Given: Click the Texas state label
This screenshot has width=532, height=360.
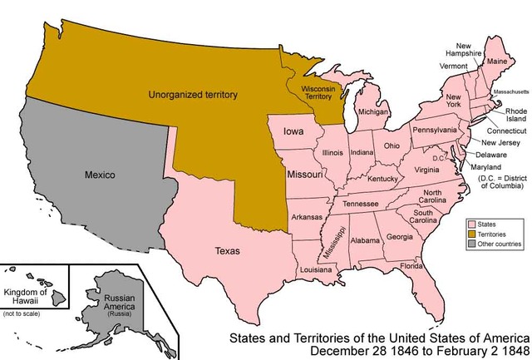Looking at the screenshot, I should pos(227,249).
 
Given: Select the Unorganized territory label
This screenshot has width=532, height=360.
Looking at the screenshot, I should pos(193,96).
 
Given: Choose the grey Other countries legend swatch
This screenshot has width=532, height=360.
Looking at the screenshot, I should pos(471,244).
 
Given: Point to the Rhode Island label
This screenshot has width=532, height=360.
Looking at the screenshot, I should pos(503,116).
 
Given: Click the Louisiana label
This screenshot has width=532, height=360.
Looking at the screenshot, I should pos(317,270).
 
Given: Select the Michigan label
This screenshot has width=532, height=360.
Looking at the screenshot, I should pos(373,111).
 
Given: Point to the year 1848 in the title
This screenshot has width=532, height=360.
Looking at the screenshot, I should pos(509,352).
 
